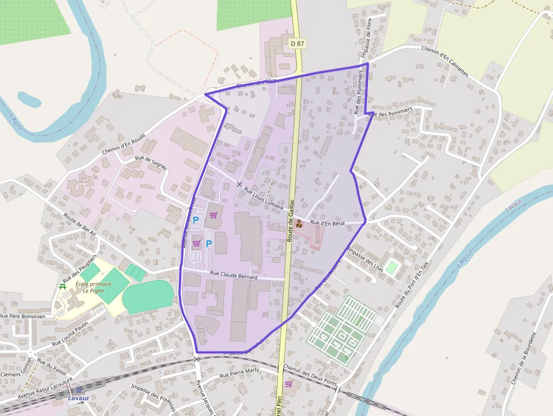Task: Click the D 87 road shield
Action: click(x=297, y=43)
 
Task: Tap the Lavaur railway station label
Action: click(x=78, y=398)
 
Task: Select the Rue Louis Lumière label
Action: click(x=264, y=198)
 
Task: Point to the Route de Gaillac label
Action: click(x=291, y=220)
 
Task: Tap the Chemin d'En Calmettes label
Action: click(x=445, y=61)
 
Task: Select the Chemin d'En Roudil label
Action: click(x=124, y=145)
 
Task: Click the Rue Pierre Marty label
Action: click(x=239, y=373)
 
